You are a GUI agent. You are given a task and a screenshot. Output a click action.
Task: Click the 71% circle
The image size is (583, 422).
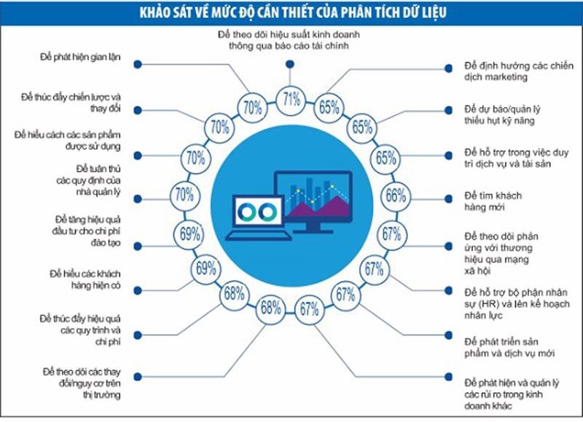[291, 98]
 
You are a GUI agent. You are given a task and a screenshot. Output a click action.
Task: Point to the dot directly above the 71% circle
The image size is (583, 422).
[291, 63]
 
